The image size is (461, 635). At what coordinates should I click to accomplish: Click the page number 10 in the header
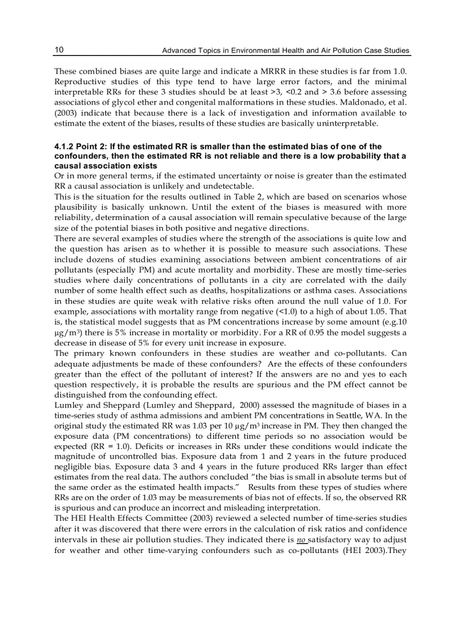[59, 50]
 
